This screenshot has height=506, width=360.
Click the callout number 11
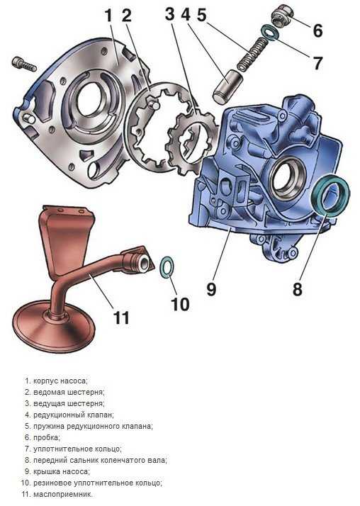121,317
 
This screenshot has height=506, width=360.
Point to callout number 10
180,303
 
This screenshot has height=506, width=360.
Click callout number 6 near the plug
317,30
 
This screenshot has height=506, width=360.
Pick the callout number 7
317,62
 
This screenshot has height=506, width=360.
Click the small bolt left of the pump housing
24,64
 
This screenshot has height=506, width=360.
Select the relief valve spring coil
253,53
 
